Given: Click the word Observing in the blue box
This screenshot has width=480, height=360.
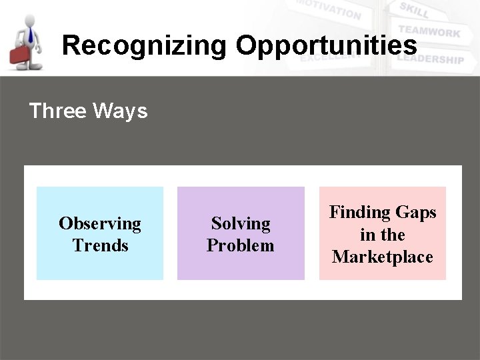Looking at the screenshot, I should pos(100,223).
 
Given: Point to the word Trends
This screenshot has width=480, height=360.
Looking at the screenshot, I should pos(100,245).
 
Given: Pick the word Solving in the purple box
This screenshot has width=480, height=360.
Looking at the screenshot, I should pos(241,223).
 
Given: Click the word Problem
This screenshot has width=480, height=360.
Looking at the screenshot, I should pos(241,245).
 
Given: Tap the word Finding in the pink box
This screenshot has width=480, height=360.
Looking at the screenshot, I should pos(360,213).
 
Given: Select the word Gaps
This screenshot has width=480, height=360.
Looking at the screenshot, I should pos(415,213).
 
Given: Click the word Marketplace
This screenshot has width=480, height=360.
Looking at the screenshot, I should pos(383,257).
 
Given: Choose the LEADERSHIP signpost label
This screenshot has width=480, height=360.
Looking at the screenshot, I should pos(430,59).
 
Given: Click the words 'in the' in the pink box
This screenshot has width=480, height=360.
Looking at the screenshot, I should pos(383,235).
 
